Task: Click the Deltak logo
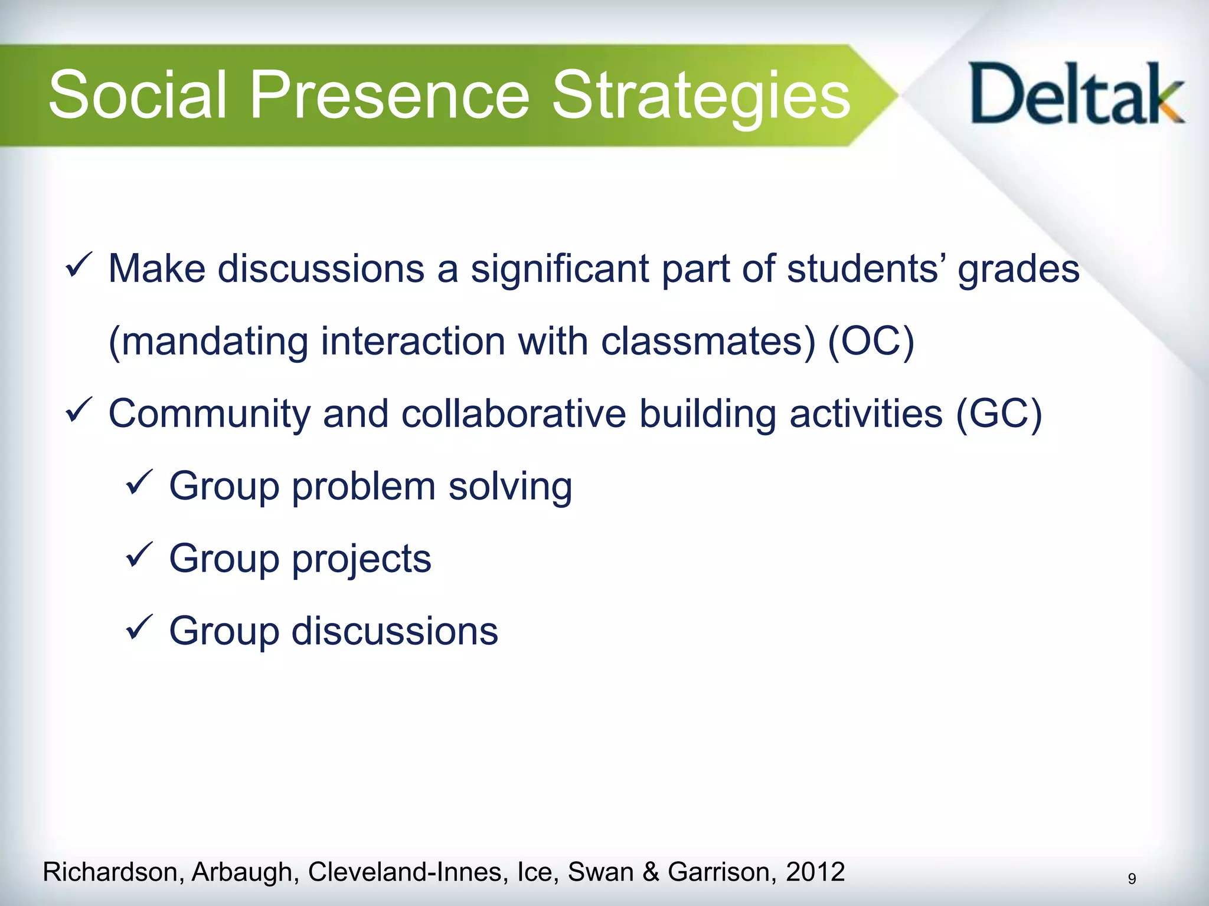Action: coord(1076,94)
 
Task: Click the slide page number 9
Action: coord(1132,879)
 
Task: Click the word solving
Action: coord(510,487)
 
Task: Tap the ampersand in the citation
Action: coord(651,872)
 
